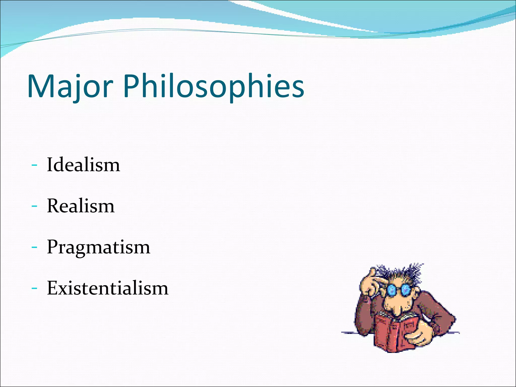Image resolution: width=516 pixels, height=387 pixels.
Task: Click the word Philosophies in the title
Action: (x=214, y=86)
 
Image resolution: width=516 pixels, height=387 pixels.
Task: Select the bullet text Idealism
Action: (x=83, y=165)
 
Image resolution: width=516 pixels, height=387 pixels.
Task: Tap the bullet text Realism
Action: (x=81, y=206)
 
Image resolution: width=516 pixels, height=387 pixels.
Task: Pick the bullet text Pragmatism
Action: (x=99, y=247)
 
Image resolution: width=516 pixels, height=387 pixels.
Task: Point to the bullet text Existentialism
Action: (x=108, y=288)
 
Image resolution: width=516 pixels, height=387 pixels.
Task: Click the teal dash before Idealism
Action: (x=34, y=165)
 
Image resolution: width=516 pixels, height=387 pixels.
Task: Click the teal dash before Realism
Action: (x=34, y=206)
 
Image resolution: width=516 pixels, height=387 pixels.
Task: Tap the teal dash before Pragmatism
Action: (x=34, y=247)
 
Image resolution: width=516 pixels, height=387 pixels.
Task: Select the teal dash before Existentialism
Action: (x=34, y=288)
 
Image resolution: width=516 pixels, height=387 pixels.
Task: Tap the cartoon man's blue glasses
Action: (x=398, y=290)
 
